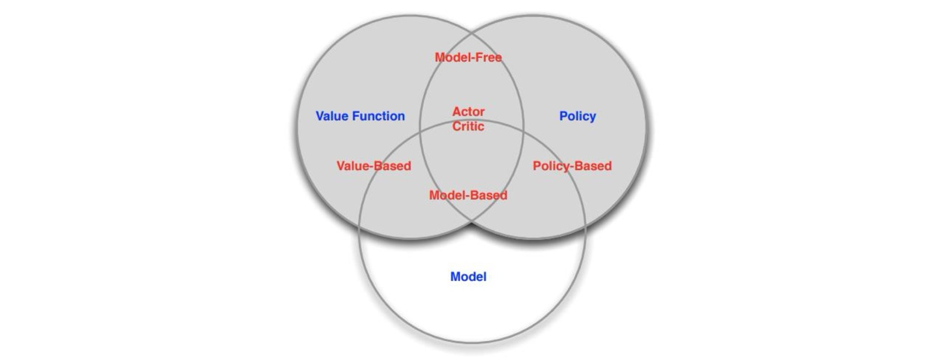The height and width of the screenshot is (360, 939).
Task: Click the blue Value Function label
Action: [x=360, y=116]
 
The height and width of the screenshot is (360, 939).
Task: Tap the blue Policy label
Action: [x=577, y=116]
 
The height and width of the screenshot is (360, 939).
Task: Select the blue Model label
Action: [x=468, y=277]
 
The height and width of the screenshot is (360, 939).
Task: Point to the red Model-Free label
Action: [x=468, y=57]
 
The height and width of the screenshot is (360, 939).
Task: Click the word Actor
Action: [x=468, y=112]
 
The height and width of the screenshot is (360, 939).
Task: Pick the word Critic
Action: [x=468, y=127]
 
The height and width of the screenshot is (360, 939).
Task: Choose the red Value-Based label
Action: [x=374, y=166]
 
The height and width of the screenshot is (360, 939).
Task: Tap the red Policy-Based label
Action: [x=572, y=166]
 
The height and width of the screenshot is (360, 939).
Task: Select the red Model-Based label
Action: [x=468, y=195]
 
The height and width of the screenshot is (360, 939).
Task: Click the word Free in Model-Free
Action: [x=488, y=57]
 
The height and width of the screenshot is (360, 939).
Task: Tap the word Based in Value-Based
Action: [x=393, y=166]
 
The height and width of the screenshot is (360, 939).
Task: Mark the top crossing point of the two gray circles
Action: [x=472, y=31]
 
